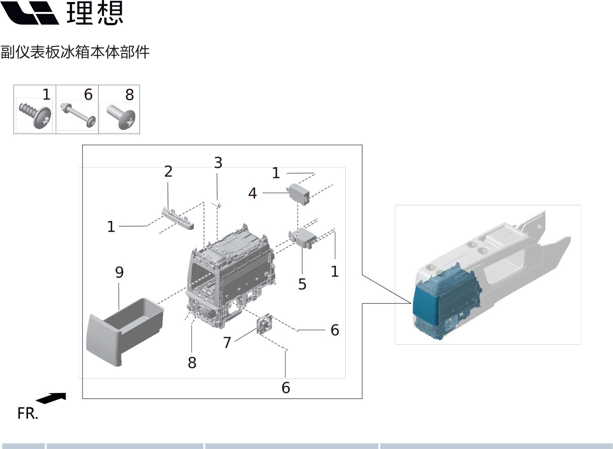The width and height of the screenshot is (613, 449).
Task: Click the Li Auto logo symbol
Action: point(30,13)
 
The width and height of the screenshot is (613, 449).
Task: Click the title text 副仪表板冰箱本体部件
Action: point(75,52)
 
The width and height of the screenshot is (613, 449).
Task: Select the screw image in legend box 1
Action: point(35,115)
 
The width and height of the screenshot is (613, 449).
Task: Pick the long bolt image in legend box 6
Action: point(77,115)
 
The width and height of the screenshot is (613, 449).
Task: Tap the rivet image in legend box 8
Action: point(121,117)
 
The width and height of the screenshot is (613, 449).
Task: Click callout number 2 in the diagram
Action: point(168,172)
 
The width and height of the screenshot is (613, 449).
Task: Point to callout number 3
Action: point(218,163)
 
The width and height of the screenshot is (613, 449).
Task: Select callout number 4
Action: point(252,193)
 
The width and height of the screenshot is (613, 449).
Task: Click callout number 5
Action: point(302,284)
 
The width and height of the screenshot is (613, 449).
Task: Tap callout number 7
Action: point(227,342)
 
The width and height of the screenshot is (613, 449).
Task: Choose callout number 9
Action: point(119,272)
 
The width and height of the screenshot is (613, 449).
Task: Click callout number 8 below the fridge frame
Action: point(192,362)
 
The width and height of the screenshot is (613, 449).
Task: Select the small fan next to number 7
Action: point(264,324)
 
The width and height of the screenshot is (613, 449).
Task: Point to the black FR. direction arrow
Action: point(52,398)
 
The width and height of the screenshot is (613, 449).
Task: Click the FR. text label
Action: point(28,414)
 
